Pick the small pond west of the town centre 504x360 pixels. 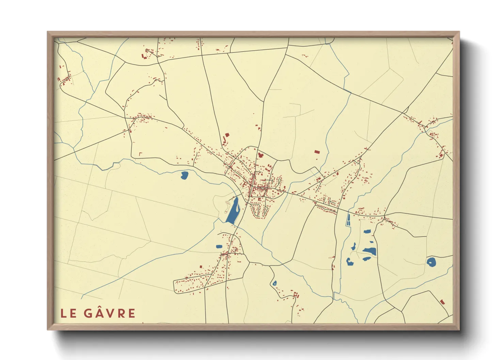pos(184,176)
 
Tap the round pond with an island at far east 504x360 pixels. pos(431,262)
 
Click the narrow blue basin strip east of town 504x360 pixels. pos(348,220)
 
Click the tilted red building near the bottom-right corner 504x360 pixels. pos(442,302)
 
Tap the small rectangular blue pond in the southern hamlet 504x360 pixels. pos(219,246)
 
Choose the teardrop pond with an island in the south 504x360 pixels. pos(274,283)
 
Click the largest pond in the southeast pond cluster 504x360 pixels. pos(369,251)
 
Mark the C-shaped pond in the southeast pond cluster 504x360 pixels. pos(349,262)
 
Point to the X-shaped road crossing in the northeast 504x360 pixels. pos(404,112)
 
